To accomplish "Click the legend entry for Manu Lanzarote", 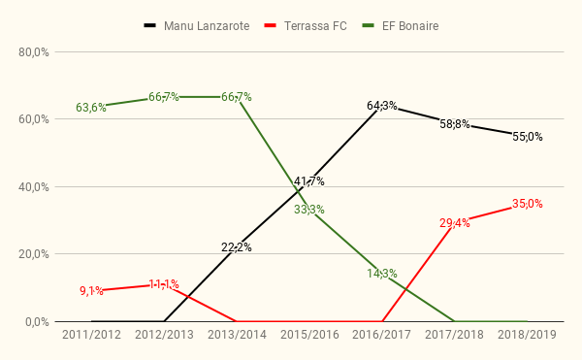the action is [197, 26].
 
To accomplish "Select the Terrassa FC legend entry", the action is [306, 26].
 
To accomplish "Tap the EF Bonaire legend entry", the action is [400, 26].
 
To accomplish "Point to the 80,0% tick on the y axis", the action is [34, 52].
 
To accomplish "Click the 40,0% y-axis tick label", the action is [34, 187].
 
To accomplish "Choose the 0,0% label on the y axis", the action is [37, 322].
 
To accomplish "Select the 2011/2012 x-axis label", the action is [91, 335].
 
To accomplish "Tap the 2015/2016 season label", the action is [309, 335].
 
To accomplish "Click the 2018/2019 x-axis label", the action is [527, 335].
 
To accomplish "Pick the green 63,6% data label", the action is [91, 108].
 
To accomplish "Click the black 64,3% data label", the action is [382, 106].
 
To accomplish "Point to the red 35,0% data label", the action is [528, 204].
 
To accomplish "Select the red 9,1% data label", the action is [91, 291].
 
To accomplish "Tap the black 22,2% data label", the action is [237, 247].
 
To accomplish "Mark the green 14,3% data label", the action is [382, 274].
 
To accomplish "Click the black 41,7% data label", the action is [309, 181].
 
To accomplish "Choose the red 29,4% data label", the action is [455, 223].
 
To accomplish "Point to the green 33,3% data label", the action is [309, 210].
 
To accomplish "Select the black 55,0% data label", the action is [528, 137].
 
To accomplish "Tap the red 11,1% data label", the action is [164, 284].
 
